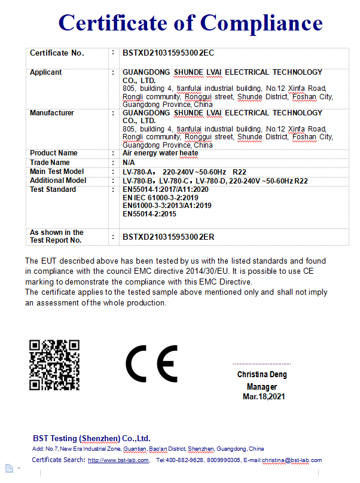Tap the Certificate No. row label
[57, 53]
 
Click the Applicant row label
[46, 72]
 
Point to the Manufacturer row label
[52, 113]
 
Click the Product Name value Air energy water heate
[160, 153]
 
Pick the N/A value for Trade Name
[129, 163]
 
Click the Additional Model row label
[58, 181]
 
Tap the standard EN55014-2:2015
[150, 214]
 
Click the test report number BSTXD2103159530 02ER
[168, 237]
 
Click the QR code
[54, 365]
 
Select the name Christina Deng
[261, 375]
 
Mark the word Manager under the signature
[261, 386]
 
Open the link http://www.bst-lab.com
[118, 460]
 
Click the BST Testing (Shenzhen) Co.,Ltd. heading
[91, 438]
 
